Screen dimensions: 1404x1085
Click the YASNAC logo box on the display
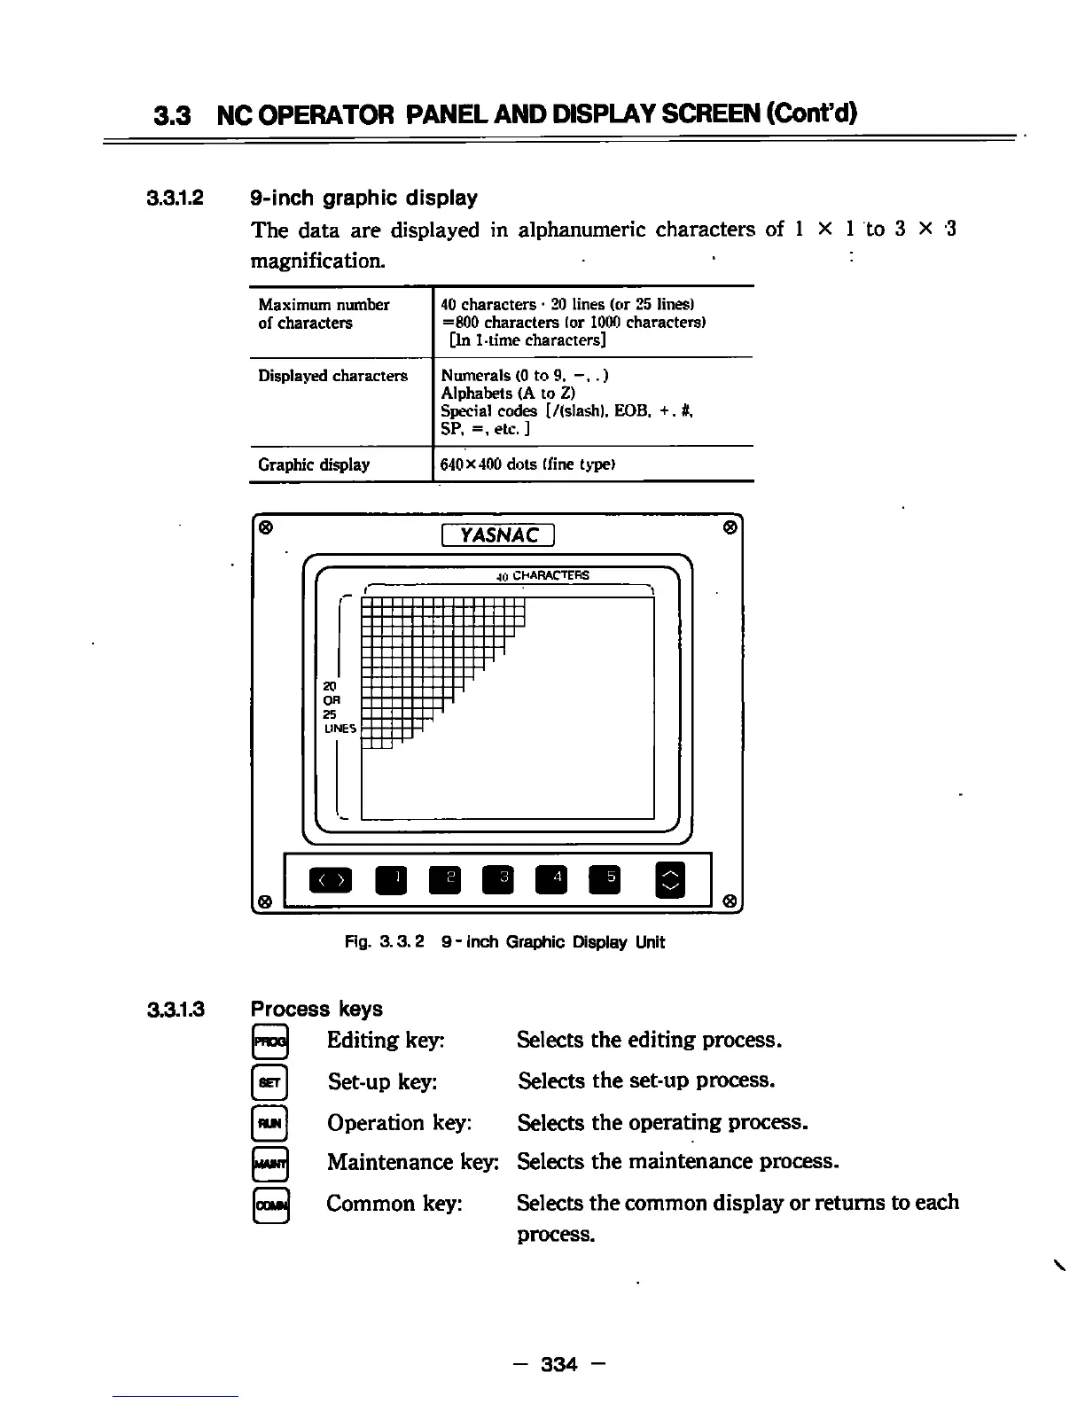point(497,535)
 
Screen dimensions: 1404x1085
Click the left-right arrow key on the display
point(330,880)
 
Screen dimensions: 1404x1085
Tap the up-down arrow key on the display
point(672,880)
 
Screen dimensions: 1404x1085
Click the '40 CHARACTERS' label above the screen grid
point(542,575)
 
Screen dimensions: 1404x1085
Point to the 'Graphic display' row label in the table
point(314,464)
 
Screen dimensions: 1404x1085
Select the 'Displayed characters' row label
point(332,376)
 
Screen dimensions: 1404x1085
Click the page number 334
point(558,1364)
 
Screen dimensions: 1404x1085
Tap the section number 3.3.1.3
point(176,1009)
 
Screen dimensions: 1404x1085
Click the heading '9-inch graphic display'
point(363,198)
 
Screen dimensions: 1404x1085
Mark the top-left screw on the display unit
point(264,526)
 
